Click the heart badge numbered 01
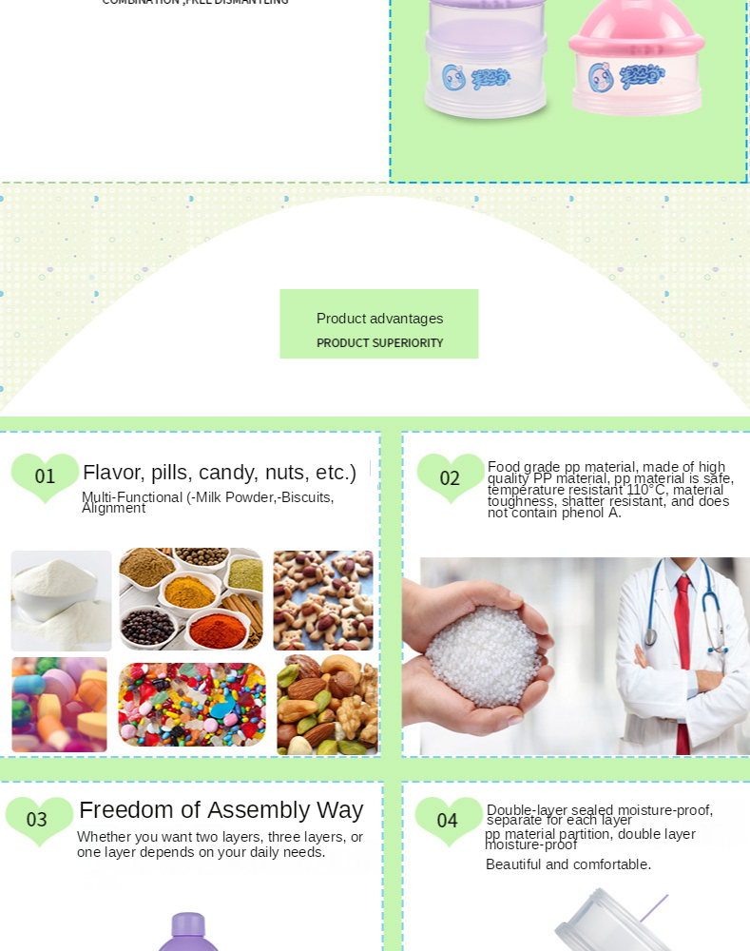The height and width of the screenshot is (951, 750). coord(45,475)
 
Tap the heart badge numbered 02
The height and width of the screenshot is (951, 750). coord(450,477)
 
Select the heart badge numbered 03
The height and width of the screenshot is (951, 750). coord(38,819)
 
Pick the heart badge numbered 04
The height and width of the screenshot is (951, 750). coord(448,820)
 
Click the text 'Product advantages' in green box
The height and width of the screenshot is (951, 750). coord(379,319)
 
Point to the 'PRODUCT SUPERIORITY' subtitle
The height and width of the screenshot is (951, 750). coord(379,343)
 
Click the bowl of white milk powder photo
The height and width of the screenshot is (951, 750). coord(61,600)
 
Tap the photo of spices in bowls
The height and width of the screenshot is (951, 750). coord(191,598)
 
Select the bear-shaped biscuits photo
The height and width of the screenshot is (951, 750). coord(323,599)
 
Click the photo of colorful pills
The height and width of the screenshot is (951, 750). coord(59,705)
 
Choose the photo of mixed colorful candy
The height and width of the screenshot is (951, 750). coord(191,705)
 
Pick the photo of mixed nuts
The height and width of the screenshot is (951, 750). coord(327,705)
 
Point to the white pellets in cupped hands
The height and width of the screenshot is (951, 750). coord(482,655)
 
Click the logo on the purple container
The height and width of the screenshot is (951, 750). coord(476,77)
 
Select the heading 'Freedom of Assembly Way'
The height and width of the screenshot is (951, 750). coord(221,810)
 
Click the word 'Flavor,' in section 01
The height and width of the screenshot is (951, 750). coord(113,473)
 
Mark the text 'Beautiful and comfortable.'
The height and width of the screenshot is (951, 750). coord(567,864)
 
